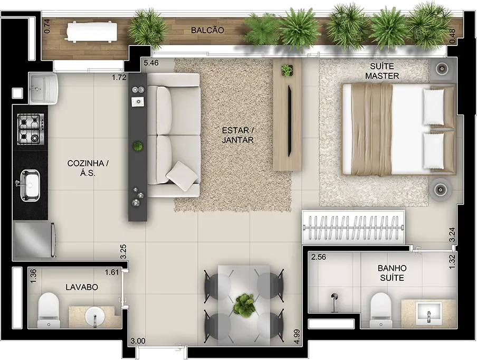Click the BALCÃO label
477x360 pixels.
(x=207, y=30)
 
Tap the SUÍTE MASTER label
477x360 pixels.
(x=382, y=71)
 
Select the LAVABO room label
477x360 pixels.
(x=82, y=287)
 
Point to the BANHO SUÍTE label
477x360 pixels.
(x=392, y=273)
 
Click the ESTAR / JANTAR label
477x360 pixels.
(x=237, y=135)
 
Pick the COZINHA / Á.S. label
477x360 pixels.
(x=88, y=168)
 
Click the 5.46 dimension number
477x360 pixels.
(x=151, y=63)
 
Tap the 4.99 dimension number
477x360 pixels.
(x=297, y=337)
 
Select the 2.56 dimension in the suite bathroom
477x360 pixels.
(x=319, y=257)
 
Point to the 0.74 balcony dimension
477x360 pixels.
(x=47, y=26)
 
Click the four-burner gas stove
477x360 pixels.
(x=31, y=129)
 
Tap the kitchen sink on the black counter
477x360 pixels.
(x=30, y=185)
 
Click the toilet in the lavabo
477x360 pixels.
(x=49, y=309)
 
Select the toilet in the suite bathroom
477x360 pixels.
(x=380, y=309)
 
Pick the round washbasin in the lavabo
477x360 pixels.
(x=95, y=317)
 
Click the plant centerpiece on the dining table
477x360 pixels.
(x=244, y=305)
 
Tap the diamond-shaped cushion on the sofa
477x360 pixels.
(x=182, y=176)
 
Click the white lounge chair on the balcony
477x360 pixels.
(x=92, y=31)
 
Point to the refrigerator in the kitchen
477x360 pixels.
(x=34, y=240)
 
